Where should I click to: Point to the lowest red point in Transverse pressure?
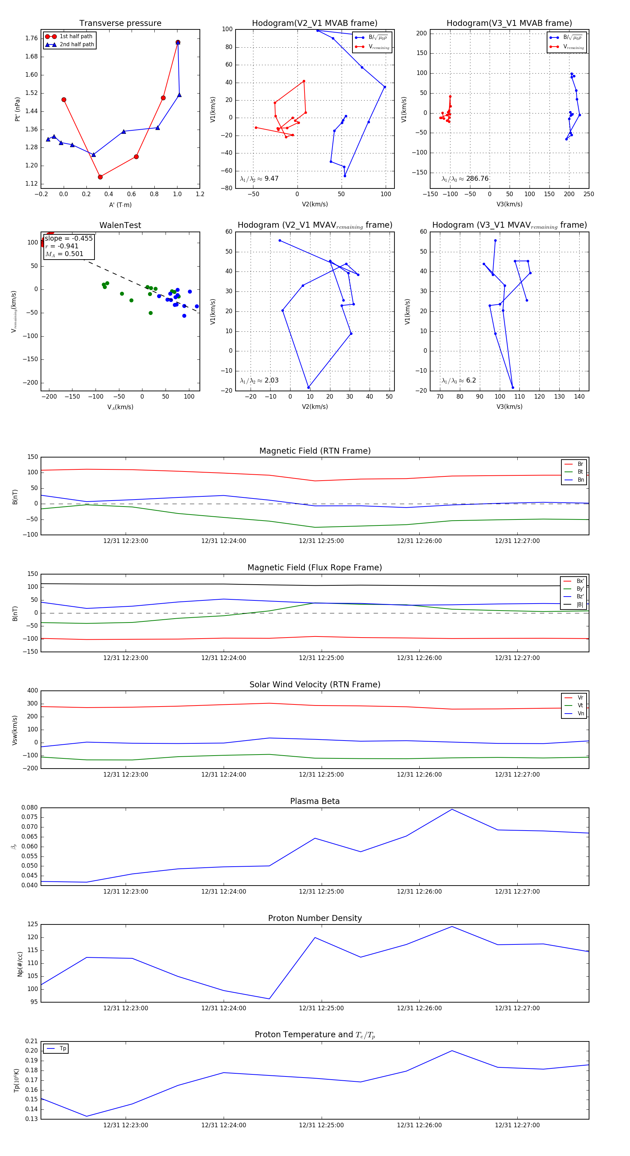click(x=100, y=177)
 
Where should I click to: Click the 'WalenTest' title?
click(x=120, y=225)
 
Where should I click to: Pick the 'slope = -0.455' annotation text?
click(x=69, y=238)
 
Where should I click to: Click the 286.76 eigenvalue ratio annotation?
click(x=477, y=179)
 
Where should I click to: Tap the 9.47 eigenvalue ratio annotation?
click(x=271, y=179)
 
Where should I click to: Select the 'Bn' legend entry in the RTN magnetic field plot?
click(x=580, y=480)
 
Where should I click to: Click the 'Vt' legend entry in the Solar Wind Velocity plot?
click(x=580, y=706)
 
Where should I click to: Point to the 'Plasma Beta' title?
click(x=315, y=801)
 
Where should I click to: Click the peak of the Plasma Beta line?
click(x=451, y=809)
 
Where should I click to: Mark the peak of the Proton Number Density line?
click(x=451, y=926)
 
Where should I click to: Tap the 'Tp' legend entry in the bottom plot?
click(x=63, y=1048)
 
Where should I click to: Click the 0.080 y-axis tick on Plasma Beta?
click(x=30, y=808)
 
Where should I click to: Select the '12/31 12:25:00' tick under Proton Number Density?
click(x=321, y=1008)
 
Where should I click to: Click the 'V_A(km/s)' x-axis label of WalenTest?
click(x=120, y=407)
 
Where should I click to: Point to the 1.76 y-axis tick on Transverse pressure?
click(x=31, y=38)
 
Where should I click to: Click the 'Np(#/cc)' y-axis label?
click(x=20, y=964)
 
